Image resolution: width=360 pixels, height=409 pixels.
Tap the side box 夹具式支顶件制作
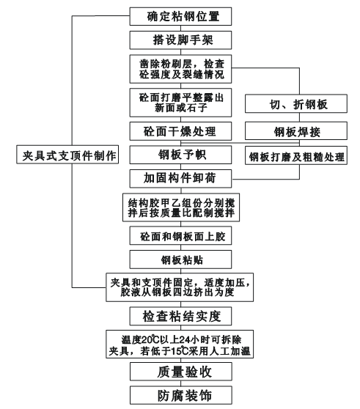tap(65, 155)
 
